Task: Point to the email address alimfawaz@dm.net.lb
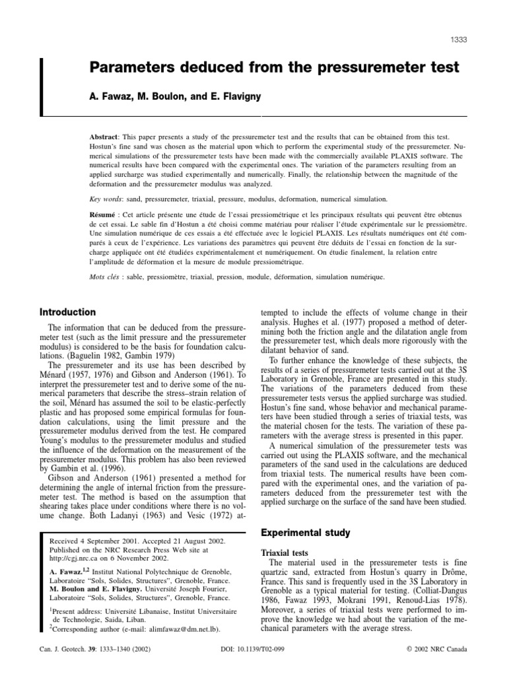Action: tap(182, 633)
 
